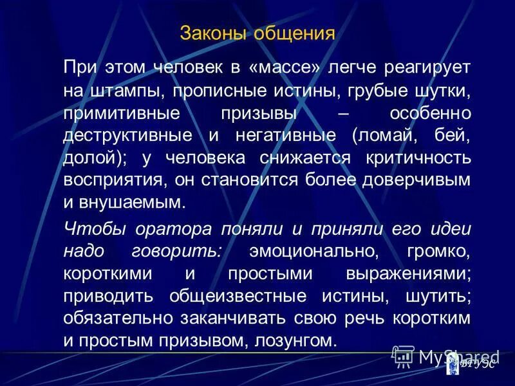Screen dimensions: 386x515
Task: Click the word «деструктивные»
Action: click(128, 136)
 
